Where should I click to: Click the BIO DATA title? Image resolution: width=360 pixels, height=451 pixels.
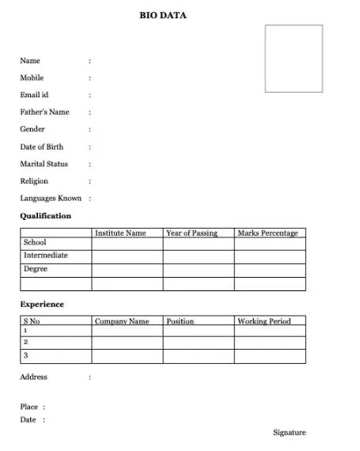point(163,15)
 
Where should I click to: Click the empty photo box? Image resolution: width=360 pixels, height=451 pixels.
point(294,59)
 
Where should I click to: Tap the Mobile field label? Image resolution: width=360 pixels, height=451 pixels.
point(32,78)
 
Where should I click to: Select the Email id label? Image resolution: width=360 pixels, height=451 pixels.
point(34,95)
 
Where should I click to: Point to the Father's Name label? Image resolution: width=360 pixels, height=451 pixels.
point(44,112)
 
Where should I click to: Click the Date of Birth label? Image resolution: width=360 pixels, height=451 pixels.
point(41,146)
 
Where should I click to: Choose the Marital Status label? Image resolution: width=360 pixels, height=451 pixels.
point(44,164)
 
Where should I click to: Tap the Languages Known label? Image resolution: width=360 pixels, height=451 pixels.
point(51,199)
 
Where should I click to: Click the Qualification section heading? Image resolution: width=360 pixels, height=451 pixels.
point(45,216)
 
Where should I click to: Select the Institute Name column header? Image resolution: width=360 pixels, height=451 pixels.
point(120,233)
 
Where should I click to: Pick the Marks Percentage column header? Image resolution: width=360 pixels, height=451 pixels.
point(267,233)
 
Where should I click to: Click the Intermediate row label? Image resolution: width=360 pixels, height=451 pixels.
point(46,256)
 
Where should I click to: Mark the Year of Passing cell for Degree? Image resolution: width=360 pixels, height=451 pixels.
point(198,270)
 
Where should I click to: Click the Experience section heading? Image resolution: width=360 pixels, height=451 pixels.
point(42,305)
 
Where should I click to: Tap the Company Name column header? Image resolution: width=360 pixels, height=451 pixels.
point(122,321)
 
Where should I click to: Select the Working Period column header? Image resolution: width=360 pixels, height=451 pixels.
point(264,321)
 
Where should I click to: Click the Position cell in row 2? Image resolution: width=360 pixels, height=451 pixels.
point(198,343)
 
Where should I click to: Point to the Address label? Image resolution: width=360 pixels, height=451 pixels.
point(33,377)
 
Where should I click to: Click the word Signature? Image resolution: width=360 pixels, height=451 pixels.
point(290,433)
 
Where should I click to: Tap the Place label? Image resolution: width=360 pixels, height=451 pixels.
point(28,407)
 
